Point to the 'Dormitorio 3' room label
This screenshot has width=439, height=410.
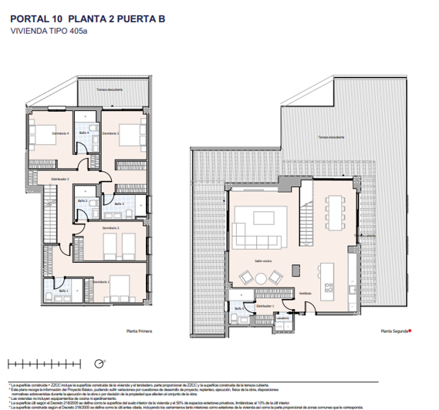(x=111, y=134)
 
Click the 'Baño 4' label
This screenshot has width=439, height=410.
(x=84, y=133)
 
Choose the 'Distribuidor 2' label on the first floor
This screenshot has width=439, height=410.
(x=60, y=180)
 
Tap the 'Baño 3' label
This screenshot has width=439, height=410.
(x=119, y=203)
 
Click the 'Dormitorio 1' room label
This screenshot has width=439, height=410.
(x=102, y=282)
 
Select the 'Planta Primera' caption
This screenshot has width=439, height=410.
(x=140, y=331)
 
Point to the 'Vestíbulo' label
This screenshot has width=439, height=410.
(x=306, y=293)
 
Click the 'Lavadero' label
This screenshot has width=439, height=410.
(x=283, y=318)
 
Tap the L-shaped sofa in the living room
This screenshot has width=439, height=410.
(x=248, y=224)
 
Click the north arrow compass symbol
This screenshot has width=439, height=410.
(x=98, y=363)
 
